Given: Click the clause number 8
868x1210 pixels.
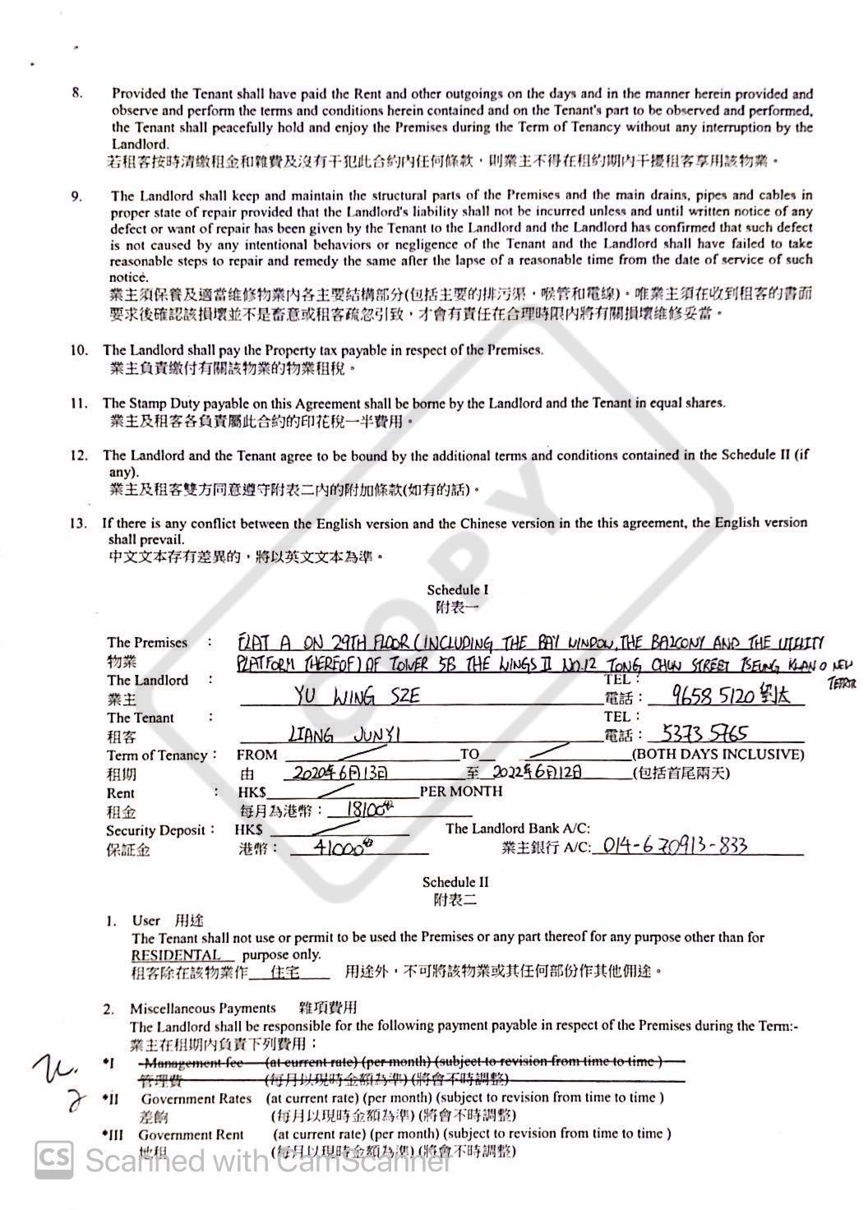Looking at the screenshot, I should click(x=77, y=93).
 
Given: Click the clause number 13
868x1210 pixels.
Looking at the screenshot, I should click(x=79, y=523).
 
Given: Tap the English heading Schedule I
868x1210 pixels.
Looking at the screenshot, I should click(x=457, y=589).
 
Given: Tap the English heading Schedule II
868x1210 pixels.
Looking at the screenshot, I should click(x=455, y=882).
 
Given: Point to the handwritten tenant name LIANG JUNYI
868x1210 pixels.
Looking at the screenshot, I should click(x=344, y=734).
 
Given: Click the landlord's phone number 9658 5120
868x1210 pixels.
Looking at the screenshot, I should click(x=701, y=697).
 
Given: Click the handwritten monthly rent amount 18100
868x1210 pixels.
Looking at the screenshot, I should click(x=364, y=809).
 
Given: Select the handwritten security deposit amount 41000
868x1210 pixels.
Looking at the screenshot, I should click(x=338, y=847).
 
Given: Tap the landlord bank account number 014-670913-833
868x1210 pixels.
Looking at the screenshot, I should click(x=674, y=846).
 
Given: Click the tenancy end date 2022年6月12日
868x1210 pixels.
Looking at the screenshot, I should click(x=538, y=772).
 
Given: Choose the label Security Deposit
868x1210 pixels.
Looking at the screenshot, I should click(x=155, y=830).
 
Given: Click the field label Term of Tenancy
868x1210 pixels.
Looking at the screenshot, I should click(x=157, y=755).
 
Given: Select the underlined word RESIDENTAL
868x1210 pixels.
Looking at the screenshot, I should click(x=176, y=955).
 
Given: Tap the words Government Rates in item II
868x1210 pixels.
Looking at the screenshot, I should click(x=196, y=1098).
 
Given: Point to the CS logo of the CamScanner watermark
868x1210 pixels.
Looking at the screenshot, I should click(x=54, y=1160).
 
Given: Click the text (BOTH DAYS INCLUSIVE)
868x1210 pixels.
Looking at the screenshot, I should click(x=718, y=754).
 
